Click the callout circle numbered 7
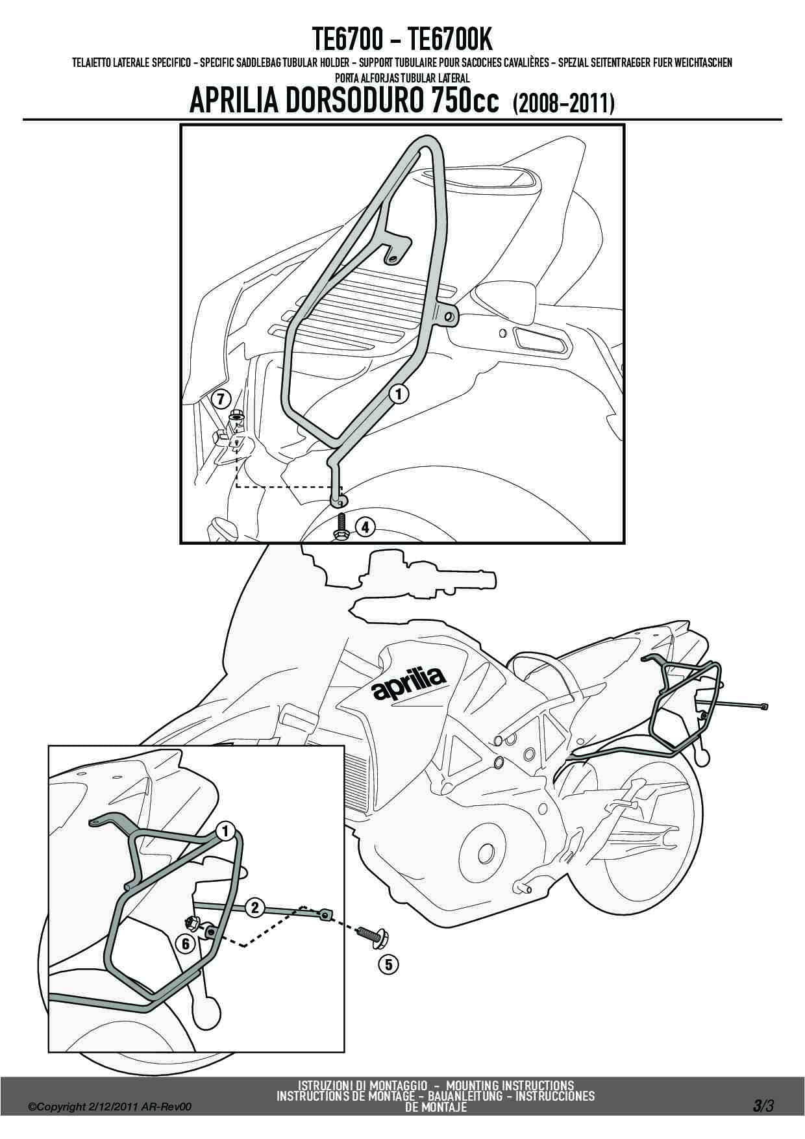pyautogui.click(x=221, y=398)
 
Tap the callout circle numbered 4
pyautogui.click(x=365, y=527)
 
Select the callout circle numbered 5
pyautogui.click(x=388, y=965)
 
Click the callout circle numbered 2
pyautogui.click(x=254, y=908)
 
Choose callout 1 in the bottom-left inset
pyautogui.click(x=225, y=830)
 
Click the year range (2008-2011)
pyautogui.click(x=563, y=103)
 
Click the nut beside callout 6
pyautogui.click(x=192, y=923)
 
